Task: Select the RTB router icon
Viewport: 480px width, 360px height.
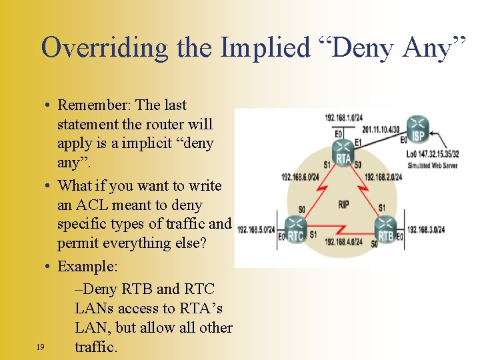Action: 385,228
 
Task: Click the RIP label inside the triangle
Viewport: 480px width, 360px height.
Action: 344,204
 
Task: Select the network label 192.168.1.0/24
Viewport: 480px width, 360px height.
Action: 343,118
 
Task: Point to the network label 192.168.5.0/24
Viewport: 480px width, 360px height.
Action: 255,229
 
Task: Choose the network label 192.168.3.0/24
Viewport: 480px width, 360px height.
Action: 426,229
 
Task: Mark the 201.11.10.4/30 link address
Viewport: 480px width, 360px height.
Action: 380,129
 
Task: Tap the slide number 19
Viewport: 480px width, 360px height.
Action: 40,347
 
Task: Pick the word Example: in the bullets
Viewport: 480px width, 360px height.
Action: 87,267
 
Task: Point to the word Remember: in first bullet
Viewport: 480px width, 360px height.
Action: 93,105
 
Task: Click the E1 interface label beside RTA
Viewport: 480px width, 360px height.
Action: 359,143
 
